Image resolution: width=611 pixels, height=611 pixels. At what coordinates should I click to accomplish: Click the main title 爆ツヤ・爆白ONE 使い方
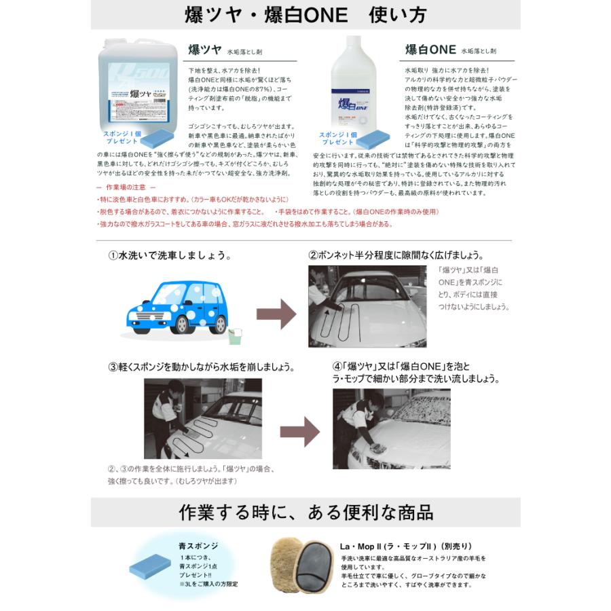305,16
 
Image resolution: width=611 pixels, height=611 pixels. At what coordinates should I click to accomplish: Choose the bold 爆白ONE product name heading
429,50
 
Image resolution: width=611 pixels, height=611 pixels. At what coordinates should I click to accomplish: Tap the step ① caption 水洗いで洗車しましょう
170,257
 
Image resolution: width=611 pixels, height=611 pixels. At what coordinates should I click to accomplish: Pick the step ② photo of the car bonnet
370,305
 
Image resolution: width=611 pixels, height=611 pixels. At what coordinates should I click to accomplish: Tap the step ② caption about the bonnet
396,256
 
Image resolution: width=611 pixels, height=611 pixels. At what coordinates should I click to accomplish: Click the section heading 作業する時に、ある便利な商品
305,511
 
